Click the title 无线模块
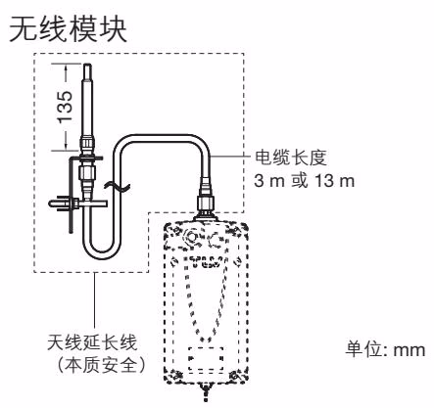click(69, 30)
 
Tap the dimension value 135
click(65, 107)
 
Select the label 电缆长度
click(291, 158)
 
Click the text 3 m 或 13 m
click(305, 180)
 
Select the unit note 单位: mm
click(386, 349)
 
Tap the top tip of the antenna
click(87, 65)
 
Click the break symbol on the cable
click(117, 187)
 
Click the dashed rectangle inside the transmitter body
click(206, 360)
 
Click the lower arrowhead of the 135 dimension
click(67, 147)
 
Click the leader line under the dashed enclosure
click(95, 300)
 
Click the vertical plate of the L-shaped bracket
click(72, 195)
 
